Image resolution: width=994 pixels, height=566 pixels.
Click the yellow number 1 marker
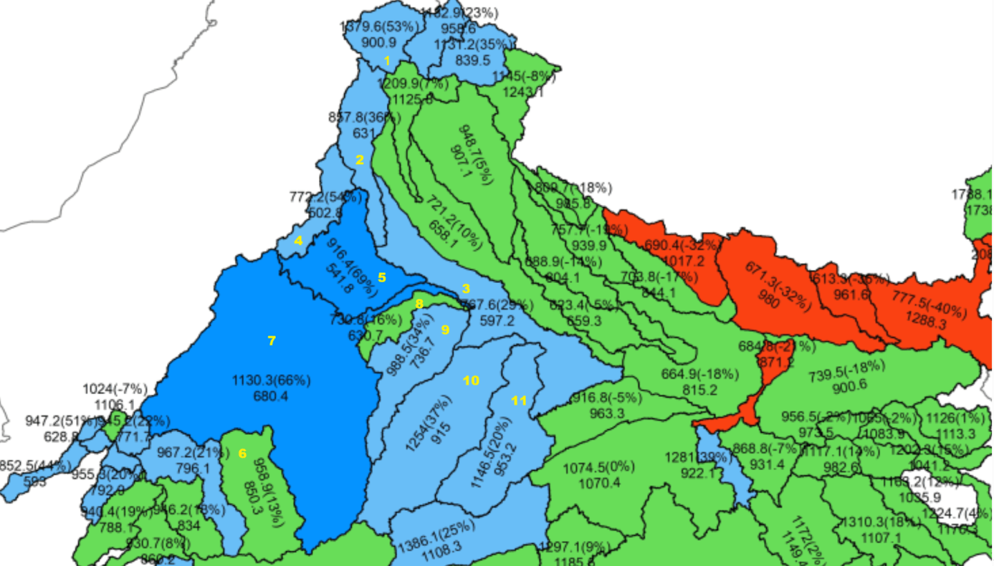click(x=387, y=61)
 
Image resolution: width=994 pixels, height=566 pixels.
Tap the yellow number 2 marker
click(x=359, y=159)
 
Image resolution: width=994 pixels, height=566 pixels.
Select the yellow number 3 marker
click(x=466, y=289)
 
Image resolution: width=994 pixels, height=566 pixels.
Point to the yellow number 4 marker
click(x=298, y=241)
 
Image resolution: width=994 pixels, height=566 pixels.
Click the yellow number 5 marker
click(x=381, y=277)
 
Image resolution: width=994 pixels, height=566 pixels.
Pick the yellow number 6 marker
click(x=242, y=453)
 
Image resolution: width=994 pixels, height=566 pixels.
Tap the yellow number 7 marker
click(x=271, y=340)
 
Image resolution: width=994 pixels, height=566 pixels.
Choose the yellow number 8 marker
click(x=419, y=303)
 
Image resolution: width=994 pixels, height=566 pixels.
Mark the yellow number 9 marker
click(x=446, y=330)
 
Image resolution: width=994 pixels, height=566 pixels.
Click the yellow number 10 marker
click(x=471, y=380)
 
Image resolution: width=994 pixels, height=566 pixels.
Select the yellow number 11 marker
click(x=519, y=400)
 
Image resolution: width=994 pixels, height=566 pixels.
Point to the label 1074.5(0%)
click(x=598, y=466)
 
